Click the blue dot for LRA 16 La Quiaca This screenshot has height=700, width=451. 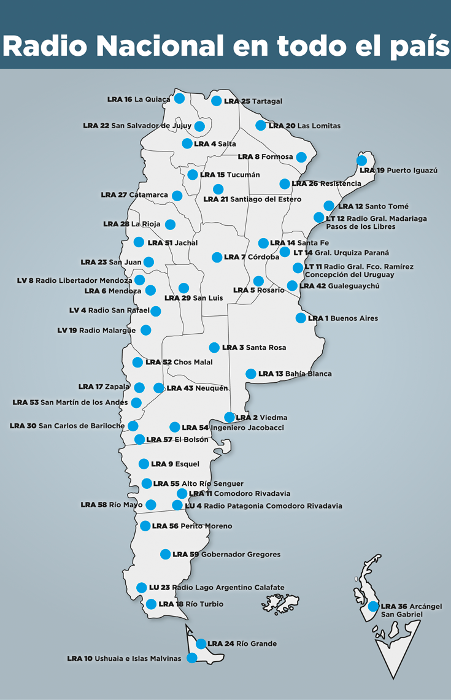coord(179,98)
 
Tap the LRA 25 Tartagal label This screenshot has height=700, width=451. coord(253,101)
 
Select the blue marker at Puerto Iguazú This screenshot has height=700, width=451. coord(362,161)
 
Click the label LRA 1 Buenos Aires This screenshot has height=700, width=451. coord(342,318)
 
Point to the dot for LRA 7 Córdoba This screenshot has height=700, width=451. coord(217,257)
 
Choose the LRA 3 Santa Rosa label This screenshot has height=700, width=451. coord(253,348)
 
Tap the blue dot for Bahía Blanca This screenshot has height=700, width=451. coord(251,374)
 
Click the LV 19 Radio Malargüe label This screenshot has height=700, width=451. coord(96,330)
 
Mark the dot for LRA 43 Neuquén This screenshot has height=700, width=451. coord(159,388)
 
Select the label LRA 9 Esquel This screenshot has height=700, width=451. coord(175,464)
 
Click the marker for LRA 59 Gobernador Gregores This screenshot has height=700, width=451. coord(166,554)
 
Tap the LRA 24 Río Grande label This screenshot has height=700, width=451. coord(242,644)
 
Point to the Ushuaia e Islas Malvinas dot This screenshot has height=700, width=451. coord(192,658)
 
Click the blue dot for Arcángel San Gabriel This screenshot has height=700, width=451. coord(373,606)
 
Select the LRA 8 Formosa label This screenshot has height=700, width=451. coord(265,157)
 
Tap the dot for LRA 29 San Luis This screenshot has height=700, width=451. coord(183,288)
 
